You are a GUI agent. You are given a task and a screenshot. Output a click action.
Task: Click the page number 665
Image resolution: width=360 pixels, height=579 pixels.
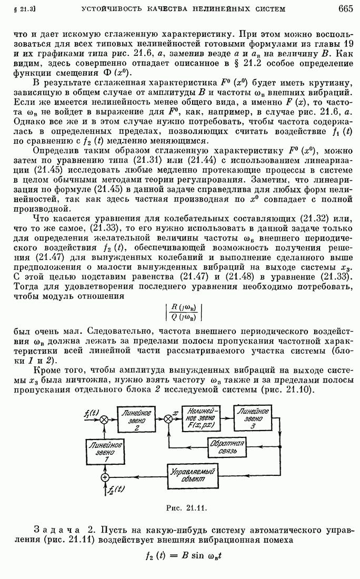(x=345, y=8)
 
